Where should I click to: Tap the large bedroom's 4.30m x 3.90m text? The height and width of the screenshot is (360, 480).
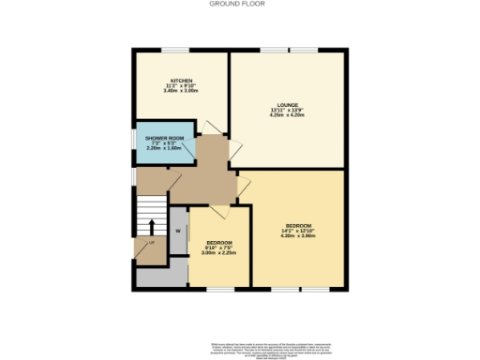[298, 235]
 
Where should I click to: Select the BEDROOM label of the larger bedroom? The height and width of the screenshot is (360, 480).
[298, 224]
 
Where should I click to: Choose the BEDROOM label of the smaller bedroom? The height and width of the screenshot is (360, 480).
[219, 242]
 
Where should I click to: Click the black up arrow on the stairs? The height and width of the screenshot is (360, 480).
[152, 225]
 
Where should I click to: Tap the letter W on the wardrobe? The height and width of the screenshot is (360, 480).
[177, 230]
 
